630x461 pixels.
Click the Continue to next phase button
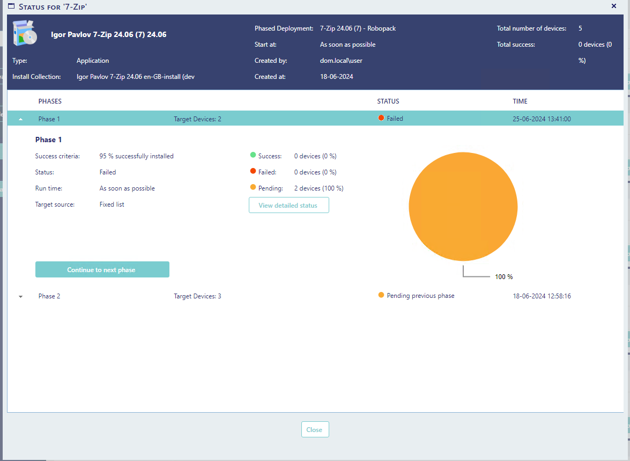[x=102, y=269]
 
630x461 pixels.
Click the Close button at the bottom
[x=315, y=429]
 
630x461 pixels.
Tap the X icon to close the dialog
[x=613, y=6]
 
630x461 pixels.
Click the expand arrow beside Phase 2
[x=20, y=296]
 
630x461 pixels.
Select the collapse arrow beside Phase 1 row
[x=20, y=119]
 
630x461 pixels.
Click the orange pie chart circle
[x=463, y=207]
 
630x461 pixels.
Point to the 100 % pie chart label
[x=504, y=277]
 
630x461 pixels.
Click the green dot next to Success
[x=253, y=155]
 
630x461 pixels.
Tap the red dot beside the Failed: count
[x=253, y=171]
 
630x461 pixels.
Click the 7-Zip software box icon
[x=25, y=33]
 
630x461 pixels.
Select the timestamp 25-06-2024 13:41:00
[x=542, y=119]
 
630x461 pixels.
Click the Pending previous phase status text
[x=420, y=296]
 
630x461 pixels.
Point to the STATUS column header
[x=388, y=101]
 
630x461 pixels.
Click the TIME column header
[x=520, y=101]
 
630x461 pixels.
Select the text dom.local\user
[x=341, y=61]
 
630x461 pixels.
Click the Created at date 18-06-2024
[x=336, y=77]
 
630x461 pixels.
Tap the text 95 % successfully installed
[x=137, y=156]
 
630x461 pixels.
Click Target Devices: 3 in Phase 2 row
[x=197, y=296]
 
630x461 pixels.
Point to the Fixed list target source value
[x=112, y=204]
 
